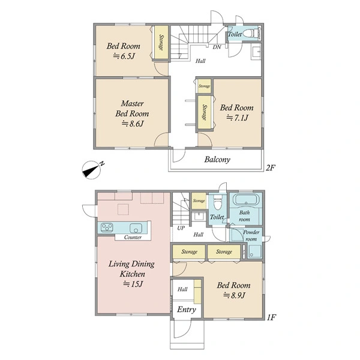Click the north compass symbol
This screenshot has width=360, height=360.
pos(92,170)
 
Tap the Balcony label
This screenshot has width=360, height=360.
pos(217,160)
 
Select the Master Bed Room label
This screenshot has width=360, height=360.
pos(132,109)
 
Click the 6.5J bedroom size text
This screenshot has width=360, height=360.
pos(124,56)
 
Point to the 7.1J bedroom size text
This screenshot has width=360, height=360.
pos(238,118)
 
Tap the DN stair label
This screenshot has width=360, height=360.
pos(217,47)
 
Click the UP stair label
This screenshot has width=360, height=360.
pos(181,228)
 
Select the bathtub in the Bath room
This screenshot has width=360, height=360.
pos(246,199)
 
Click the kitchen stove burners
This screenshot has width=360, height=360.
pos(107,227)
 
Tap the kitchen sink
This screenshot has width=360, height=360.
pos(136,228)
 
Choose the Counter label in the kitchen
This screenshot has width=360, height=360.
pos(133,237)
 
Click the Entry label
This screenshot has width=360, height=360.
pos(187,310)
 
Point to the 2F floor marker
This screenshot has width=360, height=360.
pos(271,168)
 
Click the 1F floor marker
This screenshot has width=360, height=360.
pos(271,317)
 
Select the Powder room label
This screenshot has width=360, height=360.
pos(251,236)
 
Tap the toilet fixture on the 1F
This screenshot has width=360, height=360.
pos(217,202)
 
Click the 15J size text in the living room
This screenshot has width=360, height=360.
pos(133,284)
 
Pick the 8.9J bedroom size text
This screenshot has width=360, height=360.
pos(234,295)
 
